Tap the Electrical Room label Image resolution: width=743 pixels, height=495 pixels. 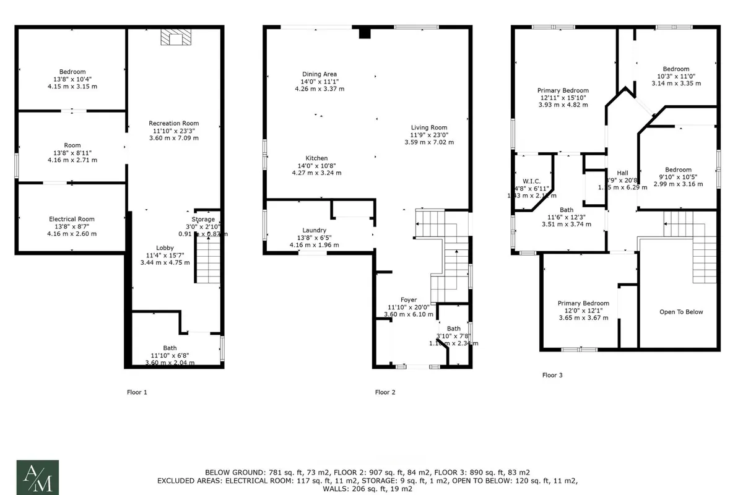pos(72,219)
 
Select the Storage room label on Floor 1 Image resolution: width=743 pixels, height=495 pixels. pos(203,220)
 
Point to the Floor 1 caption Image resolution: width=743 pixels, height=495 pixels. pos(137,392)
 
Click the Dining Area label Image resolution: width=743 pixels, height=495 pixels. pos(319,74)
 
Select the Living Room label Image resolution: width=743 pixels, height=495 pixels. pos(429,127)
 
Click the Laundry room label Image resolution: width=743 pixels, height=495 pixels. pos(314,230)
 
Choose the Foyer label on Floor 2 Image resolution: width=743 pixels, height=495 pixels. pos(409,299)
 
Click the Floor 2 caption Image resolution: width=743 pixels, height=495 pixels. pos(385,392)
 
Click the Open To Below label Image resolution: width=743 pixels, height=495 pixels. pos(681,312)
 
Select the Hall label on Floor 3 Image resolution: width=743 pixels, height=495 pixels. pos(622,173)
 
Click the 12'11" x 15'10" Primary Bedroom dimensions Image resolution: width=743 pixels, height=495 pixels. pos(562,97)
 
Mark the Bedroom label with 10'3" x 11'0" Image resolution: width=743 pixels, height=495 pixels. pos(676,69)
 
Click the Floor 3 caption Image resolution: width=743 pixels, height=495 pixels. pos(552,375)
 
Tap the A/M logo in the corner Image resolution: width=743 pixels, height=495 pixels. pos(38,477)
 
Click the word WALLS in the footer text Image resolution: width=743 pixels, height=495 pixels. pos(337,488)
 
